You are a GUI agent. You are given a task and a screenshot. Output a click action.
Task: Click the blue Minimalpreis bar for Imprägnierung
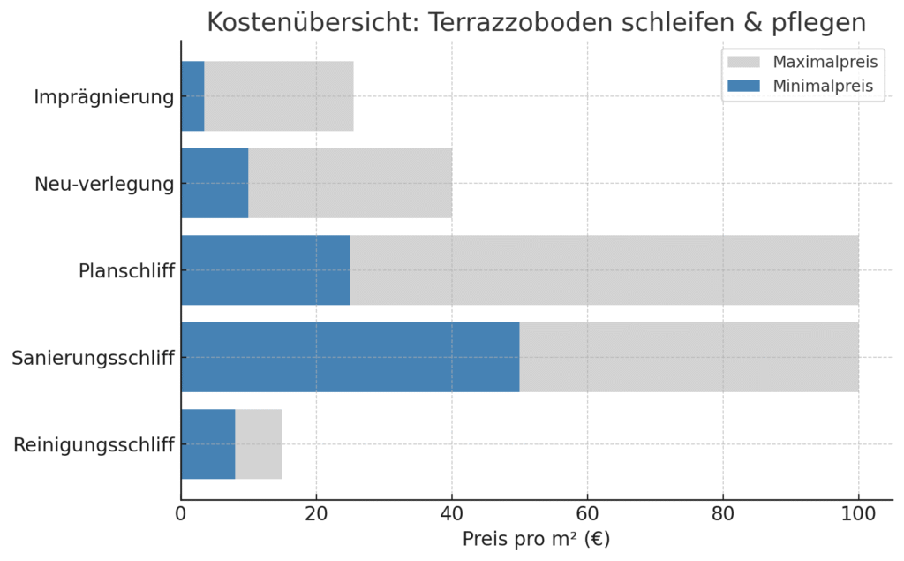click(192, 96)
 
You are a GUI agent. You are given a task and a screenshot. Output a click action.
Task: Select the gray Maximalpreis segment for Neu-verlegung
click(350, 183)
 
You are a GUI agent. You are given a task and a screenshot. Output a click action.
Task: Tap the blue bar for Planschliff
click(265, 270)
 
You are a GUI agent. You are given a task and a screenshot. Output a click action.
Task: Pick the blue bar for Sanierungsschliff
click(350, 357)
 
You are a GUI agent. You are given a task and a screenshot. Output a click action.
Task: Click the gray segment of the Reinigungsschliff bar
click(259, 444)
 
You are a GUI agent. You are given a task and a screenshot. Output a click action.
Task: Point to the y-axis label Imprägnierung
click(103, 97)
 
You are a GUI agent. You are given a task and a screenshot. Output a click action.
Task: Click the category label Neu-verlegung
click(104, 184)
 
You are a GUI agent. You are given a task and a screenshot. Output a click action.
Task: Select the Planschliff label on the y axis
click(126, 270)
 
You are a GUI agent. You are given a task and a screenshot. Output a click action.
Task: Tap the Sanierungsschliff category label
click(93, 358)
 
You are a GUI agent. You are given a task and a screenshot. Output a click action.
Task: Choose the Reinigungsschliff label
click(94, 444)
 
